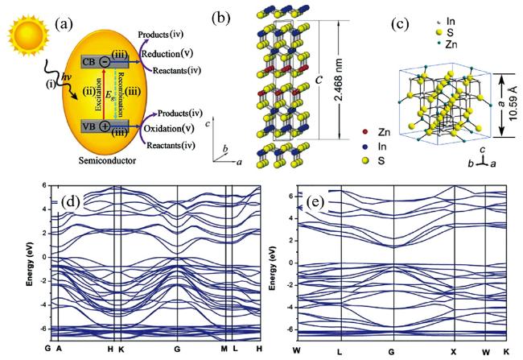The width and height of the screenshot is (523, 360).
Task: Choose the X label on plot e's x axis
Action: (454, 347)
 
